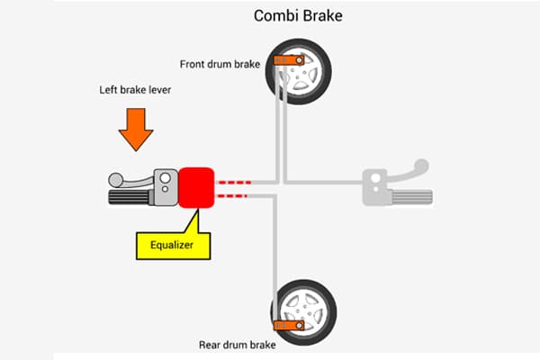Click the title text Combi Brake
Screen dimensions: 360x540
pos(297,16)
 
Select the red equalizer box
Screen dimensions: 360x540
pos(195,187)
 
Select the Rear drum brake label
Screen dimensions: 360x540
pos(238,345)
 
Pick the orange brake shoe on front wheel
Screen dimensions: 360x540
pos(286,60)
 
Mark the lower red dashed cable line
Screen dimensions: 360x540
pos(233,193)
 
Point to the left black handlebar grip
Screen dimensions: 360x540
pos(131,196)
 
